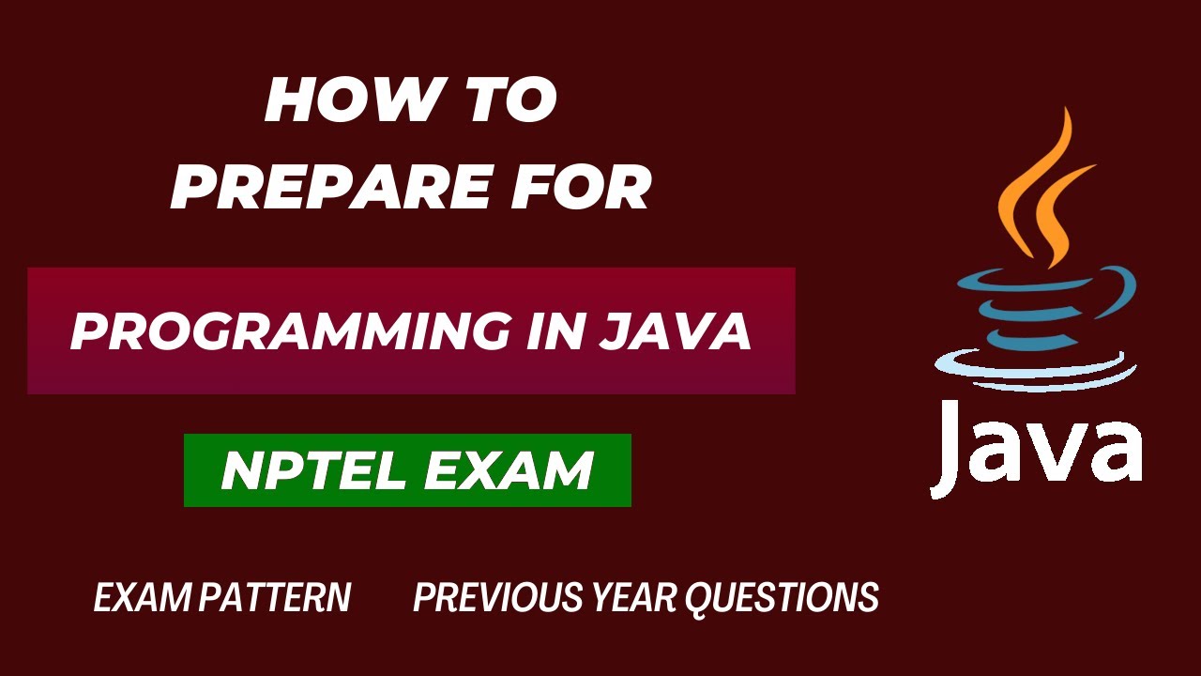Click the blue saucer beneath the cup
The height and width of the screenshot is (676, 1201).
[x=1032, y=369]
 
